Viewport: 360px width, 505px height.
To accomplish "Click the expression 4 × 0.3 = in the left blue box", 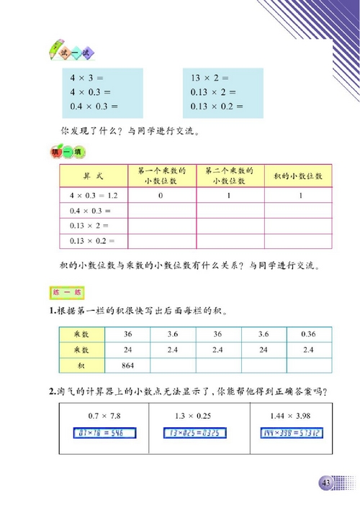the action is (x=94, y=92).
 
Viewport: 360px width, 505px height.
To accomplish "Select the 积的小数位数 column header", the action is (x=297, y=176).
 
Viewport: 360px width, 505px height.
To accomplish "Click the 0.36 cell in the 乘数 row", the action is (x=309, y=335).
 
